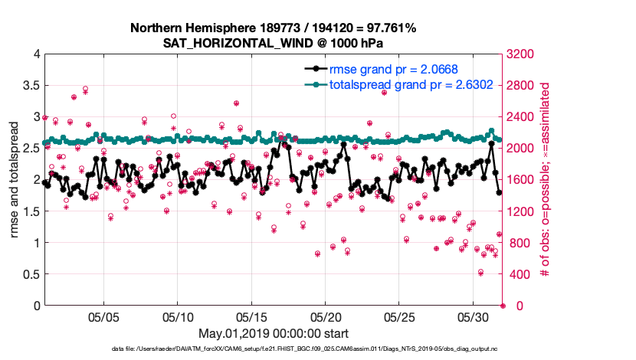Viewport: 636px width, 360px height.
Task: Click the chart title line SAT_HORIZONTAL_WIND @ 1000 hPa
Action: tap(273, 43)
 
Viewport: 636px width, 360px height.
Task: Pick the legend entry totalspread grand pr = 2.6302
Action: tap(395, 85)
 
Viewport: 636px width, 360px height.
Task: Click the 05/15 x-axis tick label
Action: tap(251, 317)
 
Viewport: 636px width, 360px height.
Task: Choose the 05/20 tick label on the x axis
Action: tap(326, 317)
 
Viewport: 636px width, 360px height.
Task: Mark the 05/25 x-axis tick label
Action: tap(399, 317)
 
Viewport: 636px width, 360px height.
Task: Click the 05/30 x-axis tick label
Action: tap(474, 317)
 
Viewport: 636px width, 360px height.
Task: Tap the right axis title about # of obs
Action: tap(546, 179)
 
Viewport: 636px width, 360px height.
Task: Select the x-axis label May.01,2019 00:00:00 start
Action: tap(274, 334)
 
